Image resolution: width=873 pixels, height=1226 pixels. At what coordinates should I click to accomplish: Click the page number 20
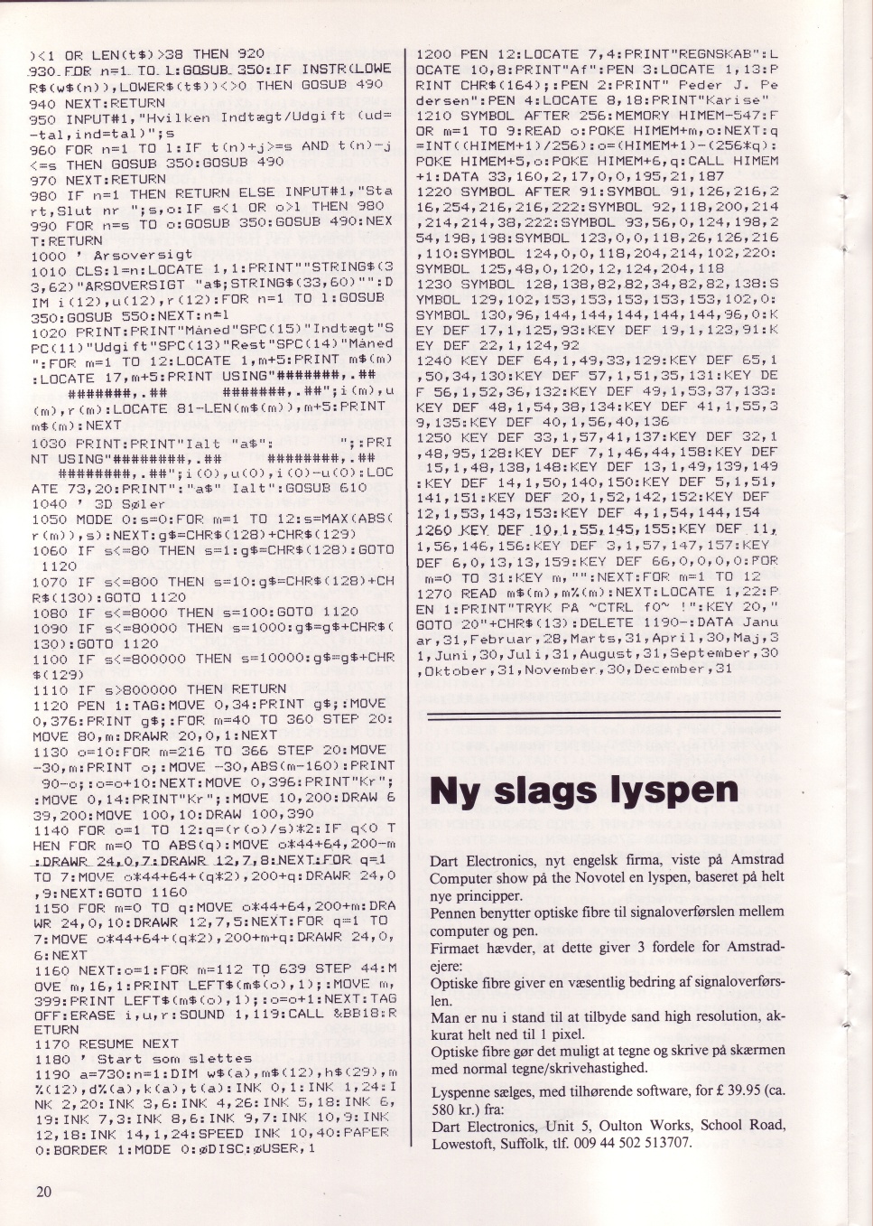43,1191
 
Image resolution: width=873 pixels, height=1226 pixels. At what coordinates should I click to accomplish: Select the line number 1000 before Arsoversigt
48,256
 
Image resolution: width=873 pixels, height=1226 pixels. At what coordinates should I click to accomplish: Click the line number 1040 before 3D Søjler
48,503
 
